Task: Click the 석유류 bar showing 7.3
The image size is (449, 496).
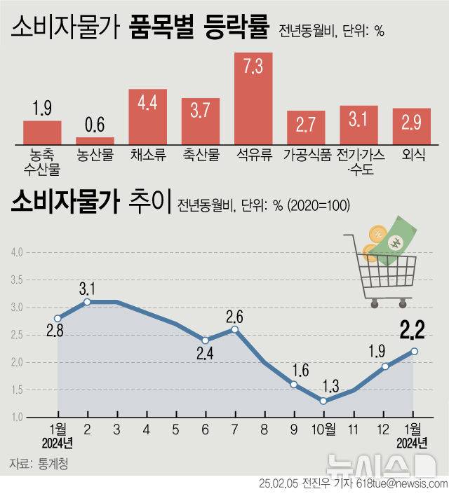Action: pos(253,98)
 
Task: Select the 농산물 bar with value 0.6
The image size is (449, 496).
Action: pos(95,140)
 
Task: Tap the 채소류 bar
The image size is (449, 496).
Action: pos(147,116)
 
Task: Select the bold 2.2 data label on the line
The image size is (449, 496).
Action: pos(414,328)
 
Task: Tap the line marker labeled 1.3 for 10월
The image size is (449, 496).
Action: pos(323,401)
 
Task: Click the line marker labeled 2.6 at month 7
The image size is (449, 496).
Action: pos(235,329)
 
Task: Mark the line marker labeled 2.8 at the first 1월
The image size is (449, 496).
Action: pos(58,318)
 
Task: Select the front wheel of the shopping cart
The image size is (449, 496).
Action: pos(373,303)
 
